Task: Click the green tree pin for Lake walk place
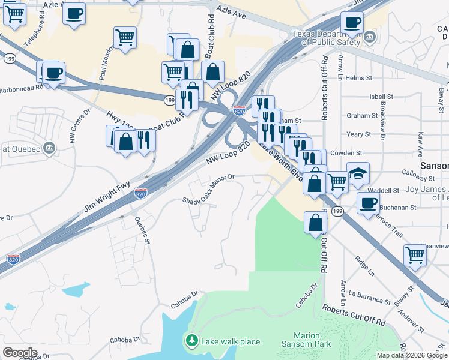(191, 341)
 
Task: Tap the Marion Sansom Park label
(306, 340)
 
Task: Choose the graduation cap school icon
(358, 173)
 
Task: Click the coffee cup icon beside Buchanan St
(367, 203)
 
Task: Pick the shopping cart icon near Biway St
(415, 255)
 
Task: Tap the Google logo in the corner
(20, 353)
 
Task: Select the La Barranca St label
(369, 295)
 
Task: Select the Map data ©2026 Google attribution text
(411, 355)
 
